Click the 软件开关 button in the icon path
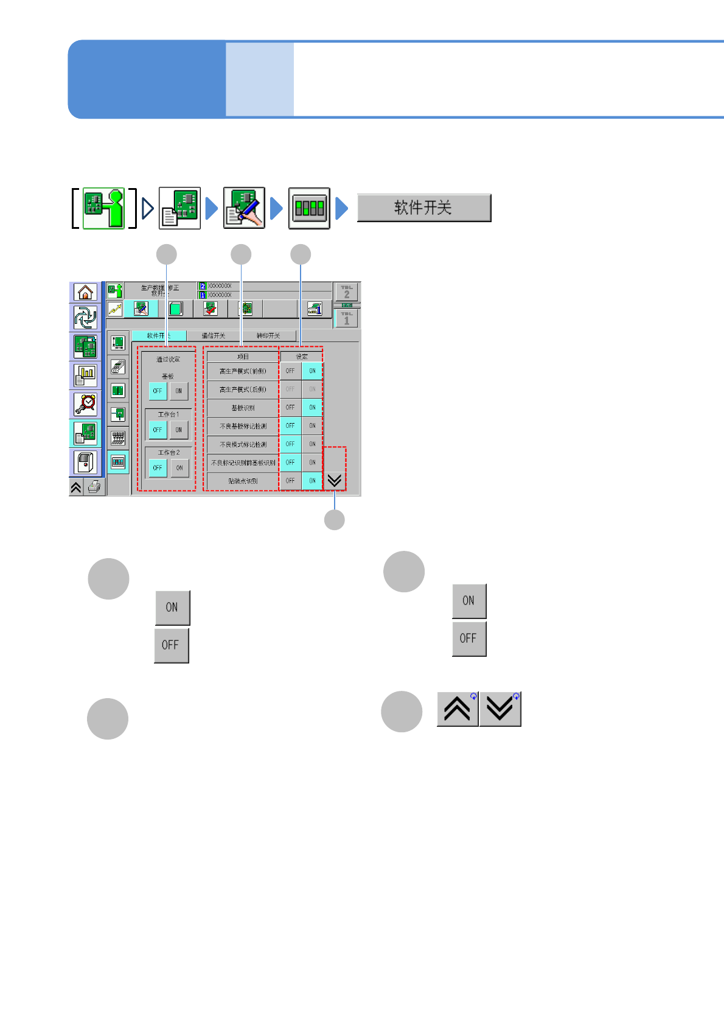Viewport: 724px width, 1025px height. tap(423, 208)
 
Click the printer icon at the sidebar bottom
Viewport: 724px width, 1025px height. tap(94, 487)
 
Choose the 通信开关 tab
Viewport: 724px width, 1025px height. tap(214, 336)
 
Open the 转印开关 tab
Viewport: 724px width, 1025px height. tap(268, 336)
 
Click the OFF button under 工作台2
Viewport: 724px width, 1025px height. tap(158, 468)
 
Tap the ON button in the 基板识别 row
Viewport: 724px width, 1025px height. tap(312, 408)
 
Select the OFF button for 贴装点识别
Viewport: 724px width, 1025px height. tap(290, 481)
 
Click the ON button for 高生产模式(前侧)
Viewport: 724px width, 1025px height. tap(312, 371)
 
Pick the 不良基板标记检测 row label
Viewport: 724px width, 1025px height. tap(243, 426)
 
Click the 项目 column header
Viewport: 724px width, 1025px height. tap(243, 357)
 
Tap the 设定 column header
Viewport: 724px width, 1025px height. tap(302, 357)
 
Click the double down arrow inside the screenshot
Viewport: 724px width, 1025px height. tap(334, 481)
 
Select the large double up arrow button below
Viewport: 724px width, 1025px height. tap(458, 709)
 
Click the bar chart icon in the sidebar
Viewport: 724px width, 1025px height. tap(85, 376)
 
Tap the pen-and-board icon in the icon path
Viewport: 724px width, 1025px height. tap(244, 208)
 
